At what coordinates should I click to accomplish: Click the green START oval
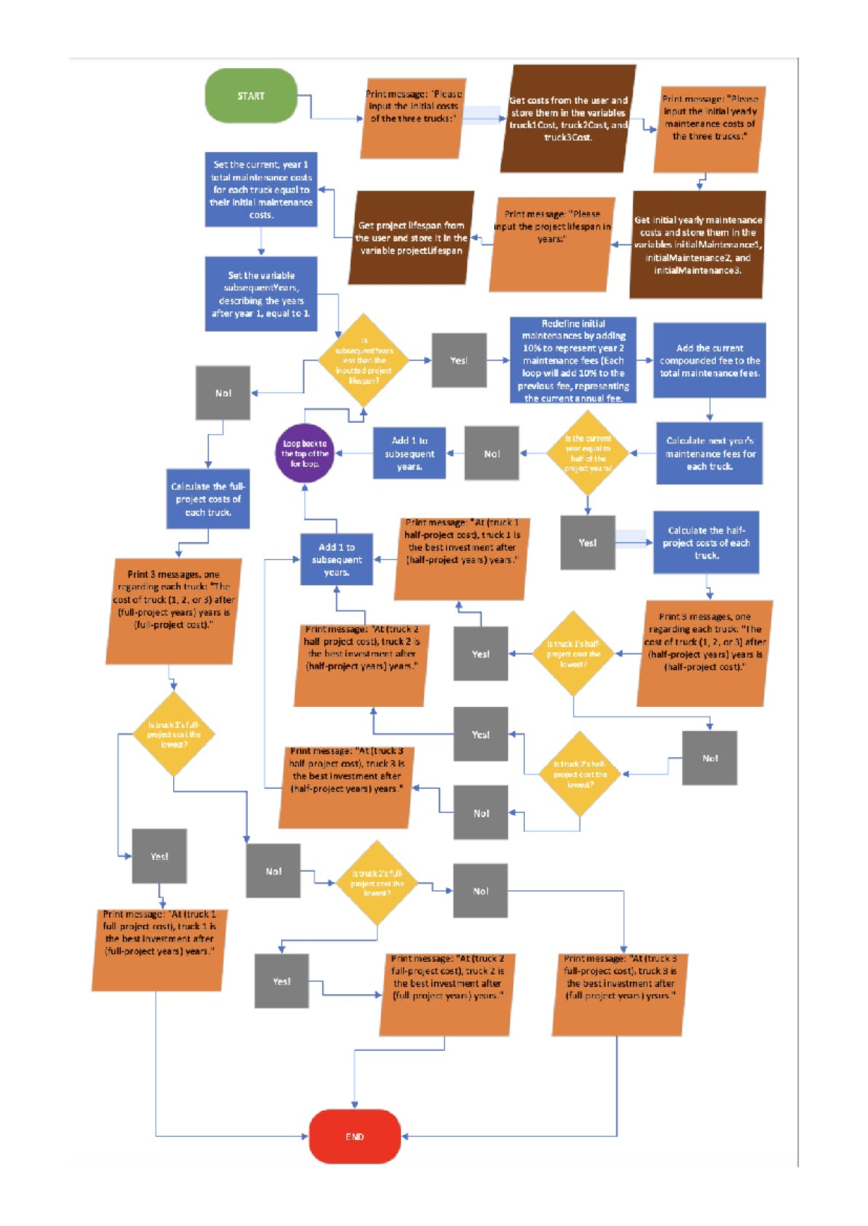[251, 95]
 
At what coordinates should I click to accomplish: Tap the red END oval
[354, 1136]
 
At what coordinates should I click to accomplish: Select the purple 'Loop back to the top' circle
[305, 453]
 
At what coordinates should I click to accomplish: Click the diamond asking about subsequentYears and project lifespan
[364, 360]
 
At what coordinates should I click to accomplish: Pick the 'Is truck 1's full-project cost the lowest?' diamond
[174, 734]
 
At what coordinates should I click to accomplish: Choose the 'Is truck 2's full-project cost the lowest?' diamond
[376, 883]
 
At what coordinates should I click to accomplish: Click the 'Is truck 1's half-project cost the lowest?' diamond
[573, 653]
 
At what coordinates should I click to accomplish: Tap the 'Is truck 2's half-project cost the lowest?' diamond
[580, 773]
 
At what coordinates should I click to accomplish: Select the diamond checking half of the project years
[587, 453]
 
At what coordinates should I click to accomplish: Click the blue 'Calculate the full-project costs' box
[208, 499]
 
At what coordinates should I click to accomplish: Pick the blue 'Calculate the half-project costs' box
[706, 542]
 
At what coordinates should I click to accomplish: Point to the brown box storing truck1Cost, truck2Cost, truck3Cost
[568, 119]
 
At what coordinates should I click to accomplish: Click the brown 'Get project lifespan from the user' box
[411, 238]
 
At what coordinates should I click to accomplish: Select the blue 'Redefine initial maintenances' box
[573, 360]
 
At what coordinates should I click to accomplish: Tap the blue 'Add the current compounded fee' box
[709, 360]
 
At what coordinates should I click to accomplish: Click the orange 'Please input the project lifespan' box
[552, 244]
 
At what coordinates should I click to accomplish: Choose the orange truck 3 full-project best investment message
[620, 994]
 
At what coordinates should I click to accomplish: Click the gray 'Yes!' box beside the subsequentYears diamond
[459, 360]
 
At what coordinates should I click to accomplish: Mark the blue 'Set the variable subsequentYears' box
[261, 294]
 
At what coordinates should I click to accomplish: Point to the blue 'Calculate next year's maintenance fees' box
[709, 453]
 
